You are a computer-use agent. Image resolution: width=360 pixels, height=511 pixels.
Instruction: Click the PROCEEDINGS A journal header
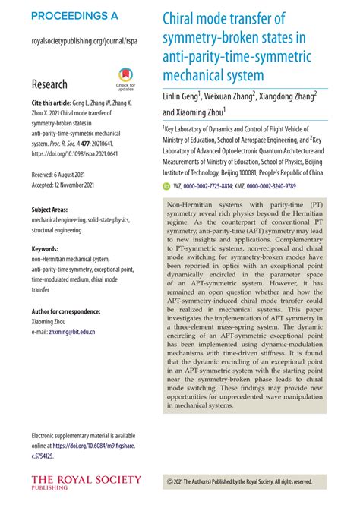(74, 16)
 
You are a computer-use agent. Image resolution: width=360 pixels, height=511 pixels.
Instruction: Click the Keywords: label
(46, 248)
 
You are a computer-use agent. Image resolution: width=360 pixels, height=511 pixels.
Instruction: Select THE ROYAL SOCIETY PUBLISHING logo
(85, 482)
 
